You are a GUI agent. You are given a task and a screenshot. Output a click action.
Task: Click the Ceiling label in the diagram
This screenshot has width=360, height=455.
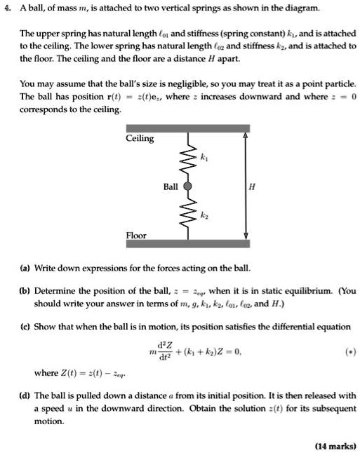(140, 139)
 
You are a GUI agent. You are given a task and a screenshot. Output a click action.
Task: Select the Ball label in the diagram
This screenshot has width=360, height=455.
(171, 187)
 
